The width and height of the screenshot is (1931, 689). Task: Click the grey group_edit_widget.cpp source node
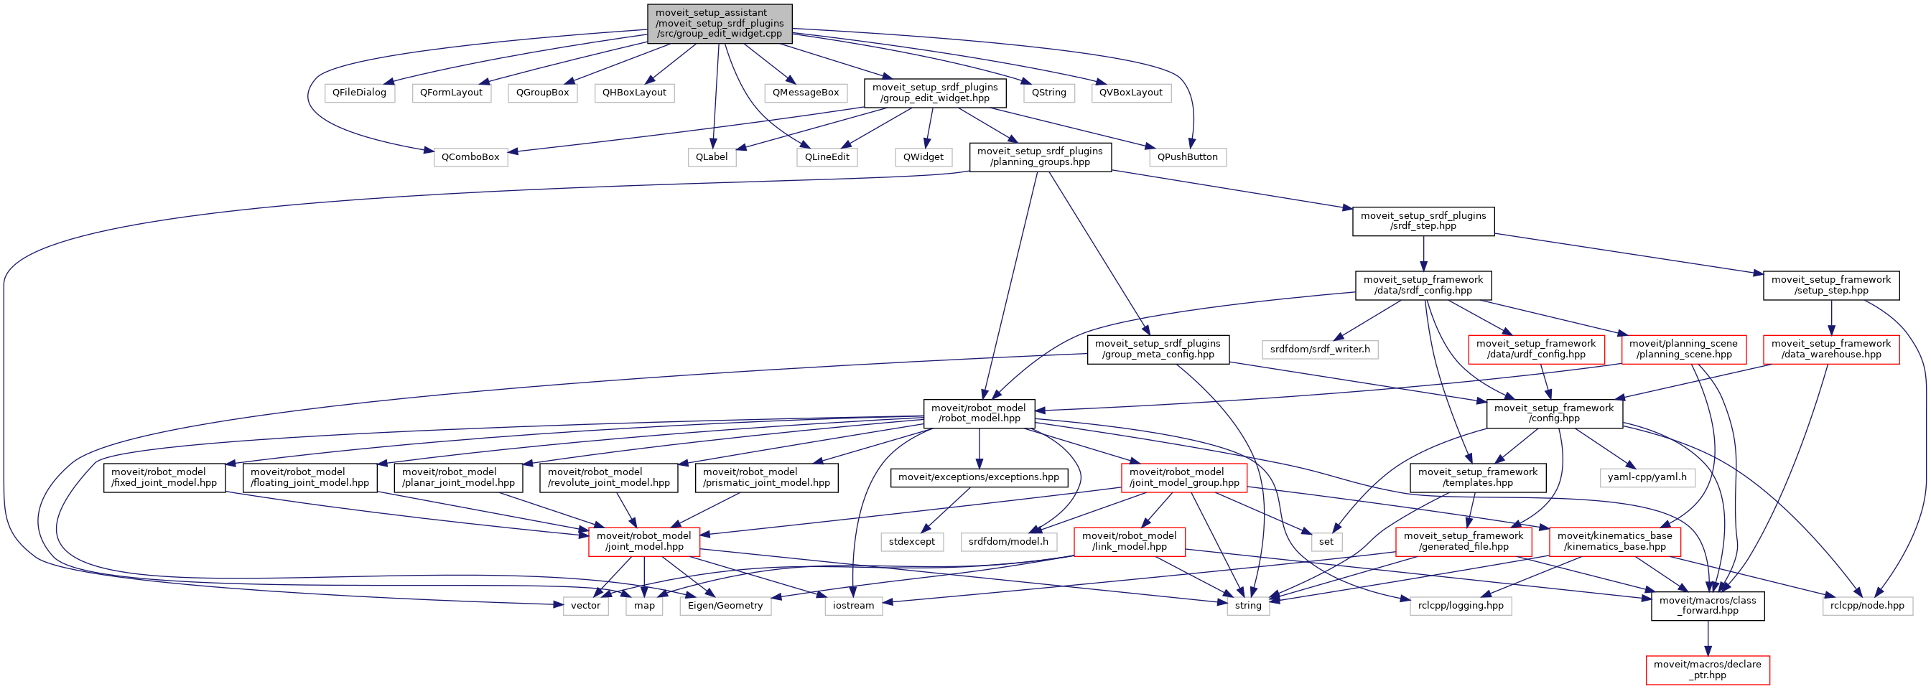719,23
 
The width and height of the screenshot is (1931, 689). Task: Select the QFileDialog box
359,93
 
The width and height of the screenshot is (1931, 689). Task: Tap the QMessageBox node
806,93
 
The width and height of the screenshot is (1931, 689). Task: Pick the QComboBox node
470,157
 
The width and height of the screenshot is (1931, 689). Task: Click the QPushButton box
1187,157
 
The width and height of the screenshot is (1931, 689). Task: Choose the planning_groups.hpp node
1040,156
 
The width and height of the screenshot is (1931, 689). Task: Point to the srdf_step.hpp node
1423,221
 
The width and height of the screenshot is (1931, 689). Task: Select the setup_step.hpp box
1830,286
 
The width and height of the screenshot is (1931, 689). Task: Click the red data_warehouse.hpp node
1830,349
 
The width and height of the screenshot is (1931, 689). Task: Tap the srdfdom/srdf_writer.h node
1319,350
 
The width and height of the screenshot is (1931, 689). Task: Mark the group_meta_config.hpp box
1158,349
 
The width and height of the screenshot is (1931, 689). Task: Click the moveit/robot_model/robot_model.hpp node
978,413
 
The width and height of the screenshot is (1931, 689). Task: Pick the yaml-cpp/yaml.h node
1647,477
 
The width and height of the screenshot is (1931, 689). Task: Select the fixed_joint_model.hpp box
164,478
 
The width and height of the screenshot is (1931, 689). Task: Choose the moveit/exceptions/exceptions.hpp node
978,477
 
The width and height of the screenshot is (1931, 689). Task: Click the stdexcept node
911,541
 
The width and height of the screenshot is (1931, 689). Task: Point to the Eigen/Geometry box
725,606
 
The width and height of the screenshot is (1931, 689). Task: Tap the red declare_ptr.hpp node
1708,670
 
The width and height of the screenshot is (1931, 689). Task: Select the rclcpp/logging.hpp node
1460,606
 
